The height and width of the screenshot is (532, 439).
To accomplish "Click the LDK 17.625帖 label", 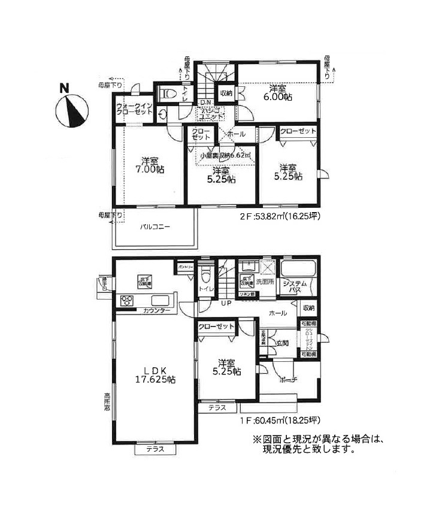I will pos(153,374).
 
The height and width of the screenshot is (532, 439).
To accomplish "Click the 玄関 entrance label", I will pos(283,343).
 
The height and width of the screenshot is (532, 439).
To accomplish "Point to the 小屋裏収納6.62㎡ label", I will pos(225,156).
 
